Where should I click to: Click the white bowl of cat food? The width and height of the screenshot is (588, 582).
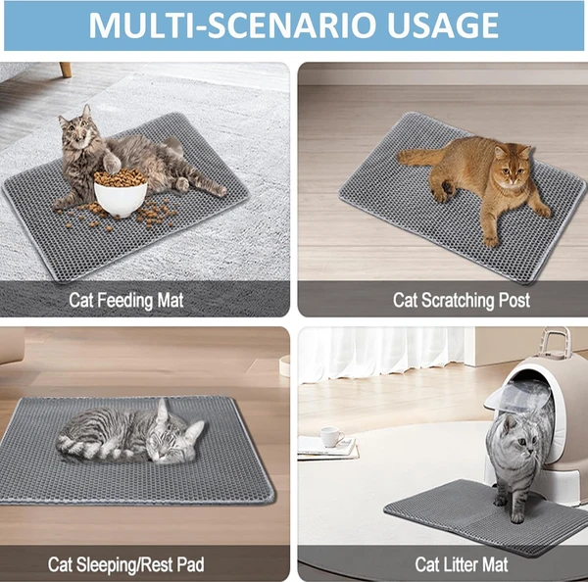[x=120, y=194]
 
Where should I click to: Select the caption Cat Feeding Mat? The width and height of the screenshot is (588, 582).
[x=126, y=298]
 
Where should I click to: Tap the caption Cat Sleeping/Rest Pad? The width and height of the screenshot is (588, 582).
[x=125, y=563]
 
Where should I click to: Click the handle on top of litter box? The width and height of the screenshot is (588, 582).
[x=554, y=342]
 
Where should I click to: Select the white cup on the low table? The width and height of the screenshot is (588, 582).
[x=330, y=436]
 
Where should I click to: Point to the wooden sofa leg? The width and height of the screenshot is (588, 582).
[x=65, y=70]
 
